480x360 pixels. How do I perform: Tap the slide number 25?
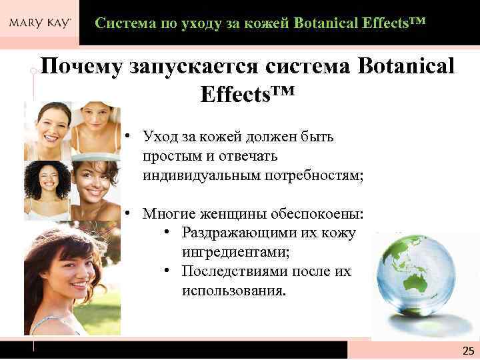coord(467,351)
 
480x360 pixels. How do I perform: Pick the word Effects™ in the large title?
coord(246,93)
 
